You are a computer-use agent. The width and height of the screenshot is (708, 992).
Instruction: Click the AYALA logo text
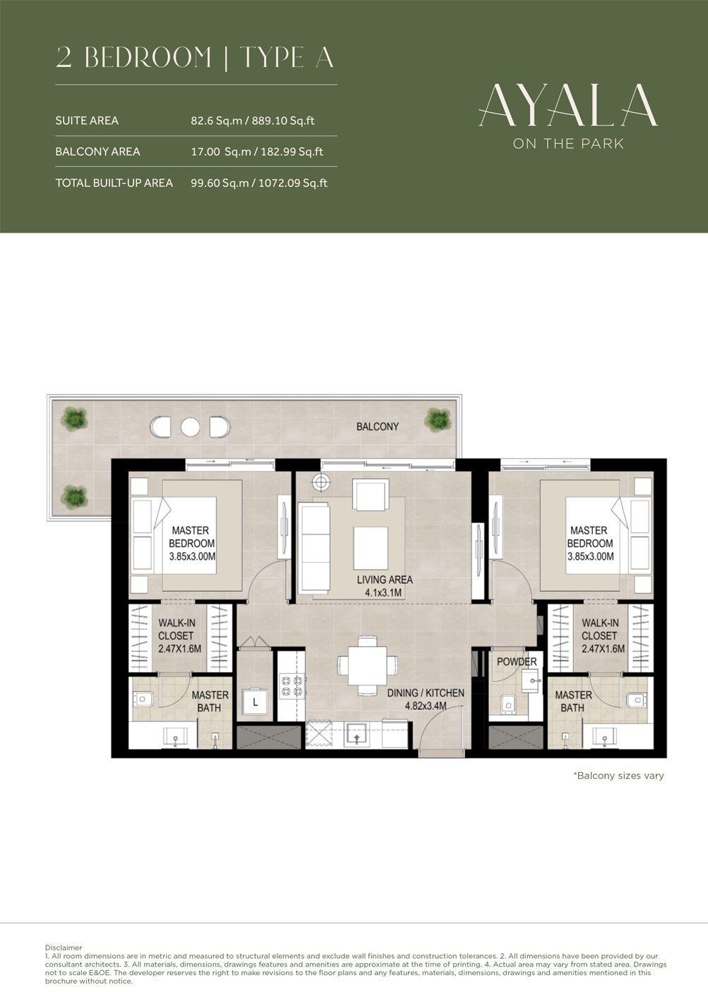(568, 106)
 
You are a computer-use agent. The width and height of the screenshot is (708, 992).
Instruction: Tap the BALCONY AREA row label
(97, 152)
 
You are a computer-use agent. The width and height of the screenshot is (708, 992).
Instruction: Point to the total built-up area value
(258, 183)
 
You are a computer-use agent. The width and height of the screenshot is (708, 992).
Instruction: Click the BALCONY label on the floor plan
(377, 427)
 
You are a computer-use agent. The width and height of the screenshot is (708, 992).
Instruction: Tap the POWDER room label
(517, 661)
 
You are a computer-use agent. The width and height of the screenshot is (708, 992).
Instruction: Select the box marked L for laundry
(255, 702)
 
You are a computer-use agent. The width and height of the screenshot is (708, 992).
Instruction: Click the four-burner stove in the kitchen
(292, 686)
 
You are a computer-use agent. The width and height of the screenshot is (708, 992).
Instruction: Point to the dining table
(367, 666)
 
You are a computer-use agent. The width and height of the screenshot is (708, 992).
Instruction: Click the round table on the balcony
(190, 427)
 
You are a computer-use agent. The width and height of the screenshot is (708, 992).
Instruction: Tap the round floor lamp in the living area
(321, 482)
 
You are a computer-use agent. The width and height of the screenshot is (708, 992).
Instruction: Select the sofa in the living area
(314, 547)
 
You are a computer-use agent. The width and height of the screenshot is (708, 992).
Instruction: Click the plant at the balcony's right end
(438, 420)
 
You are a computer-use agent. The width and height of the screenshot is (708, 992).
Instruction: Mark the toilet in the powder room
(508, 704)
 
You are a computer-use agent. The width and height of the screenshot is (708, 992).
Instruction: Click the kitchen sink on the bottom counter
(356, 735)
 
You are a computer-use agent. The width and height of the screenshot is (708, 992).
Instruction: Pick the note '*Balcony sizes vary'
(618, 776)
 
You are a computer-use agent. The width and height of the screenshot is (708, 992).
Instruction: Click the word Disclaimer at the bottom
(64, 948)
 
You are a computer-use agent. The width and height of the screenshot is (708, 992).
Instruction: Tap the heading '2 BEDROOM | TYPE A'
(195, 58)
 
